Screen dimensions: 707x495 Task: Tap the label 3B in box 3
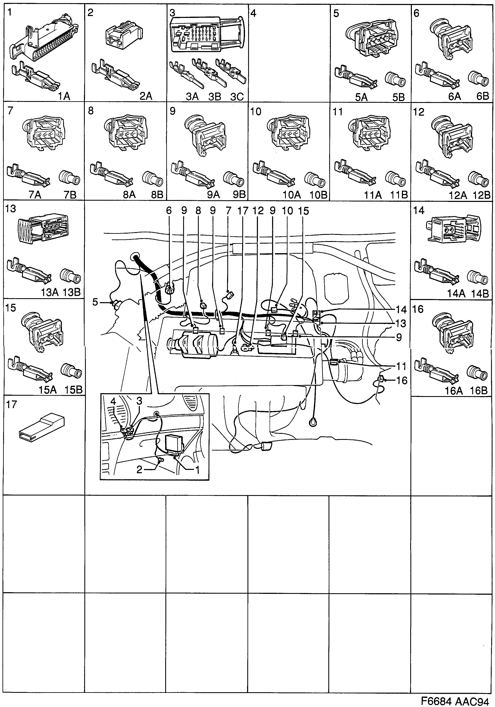pos(215,97)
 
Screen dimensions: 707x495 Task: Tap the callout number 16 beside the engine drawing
pos(402,381)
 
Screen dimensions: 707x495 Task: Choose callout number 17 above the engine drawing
pos(242,211)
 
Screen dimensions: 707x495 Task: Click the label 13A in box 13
pos(50,292)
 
